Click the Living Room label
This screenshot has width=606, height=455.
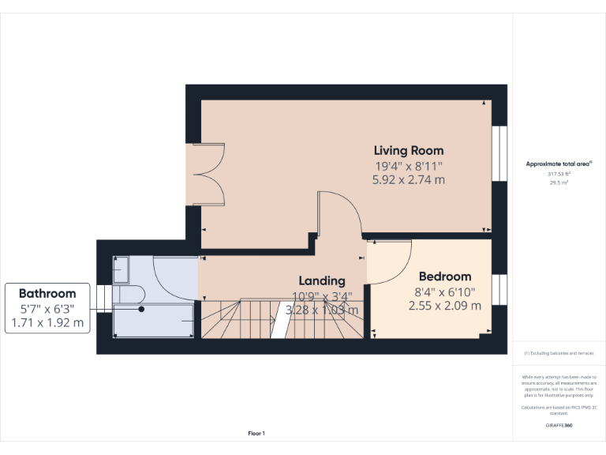pyautogui.click(x=408, y=150)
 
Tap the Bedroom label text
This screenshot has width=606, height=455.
pyautogui.click(x=444, y=276)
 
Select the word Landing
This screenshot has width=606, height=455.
pyautogui.click(x=321, y=280)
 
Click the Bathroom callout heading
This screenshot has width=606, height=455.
pyautogui.click(x=47, y=293)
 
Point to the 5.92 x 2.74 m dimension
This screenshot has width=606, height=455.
pyautogui.click(x=408, y=180)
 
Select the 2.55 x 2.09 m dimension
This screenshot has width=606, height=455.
pyautogui.click(x=444, y=306)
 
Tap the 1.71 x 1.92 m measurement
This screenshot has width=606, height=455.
pyautogui.click(x=47, y=323)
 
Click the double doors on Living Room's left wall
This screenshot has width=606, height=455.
pyautogui.click(x=204, y=175)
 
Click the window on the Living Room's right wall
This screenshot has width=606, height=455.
pyautogui.click(x=498, y=154)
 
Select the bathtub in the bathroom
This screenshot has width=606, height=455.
pyautogui.click(x=154, y=321)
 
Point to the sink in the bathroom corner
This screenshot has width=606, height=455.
pyautogui.click(x=122, y=270)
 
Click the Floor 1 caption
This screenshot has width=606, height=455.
pyautogui.click(x=256, y=433)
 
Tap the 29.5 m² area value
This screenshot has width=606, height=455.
pyautogui.click(x=559, y=182)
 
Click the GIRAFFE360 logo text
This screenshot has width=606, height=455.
pyautogui.click(x=559, y=426)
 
